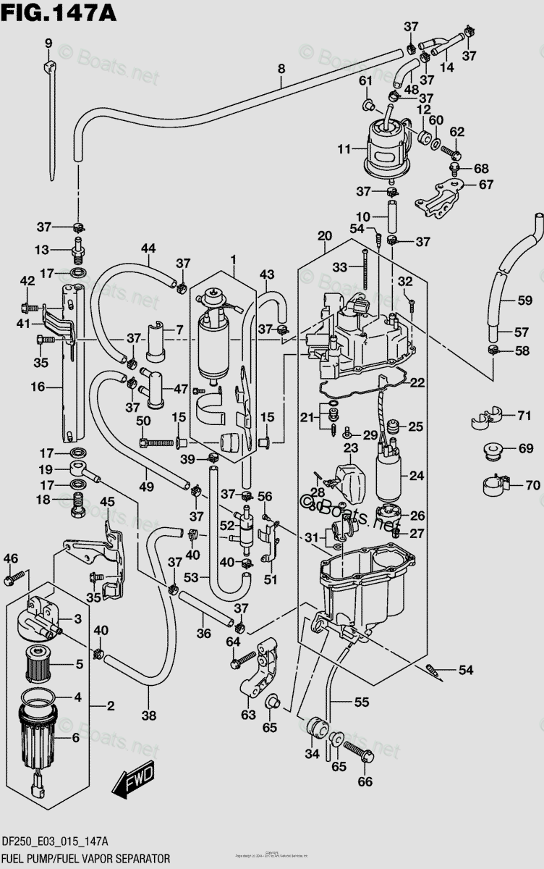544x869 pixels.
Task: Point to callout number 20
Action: (324, 235)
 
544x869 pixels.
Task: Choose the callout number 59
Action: (522, 299)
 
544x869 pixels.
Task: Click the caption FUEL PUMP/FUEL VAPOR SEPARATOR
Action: (86, 859)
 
